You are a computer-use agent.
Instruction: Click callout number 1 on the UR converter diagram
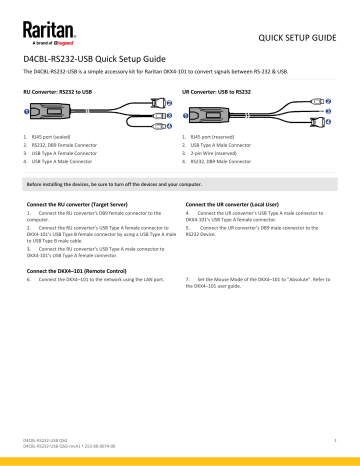click(190, 112)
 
